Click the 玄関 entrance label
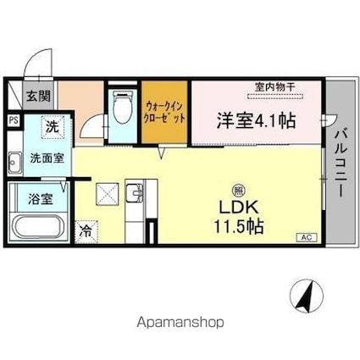click(39, 97)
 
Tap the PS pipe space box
click(13, 120)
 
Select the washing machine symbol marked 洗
click(53, 127)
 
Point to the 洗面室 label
click(47, 158)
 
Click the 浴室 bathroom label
click(41, 199)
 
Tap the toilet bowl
click(122, 108)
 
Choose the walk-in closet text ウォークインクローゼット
click(164, 112)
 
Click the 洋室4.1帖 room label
click(256, 121)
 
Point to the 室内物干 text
click(274, 86)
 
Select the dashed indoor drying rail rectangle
click(275, 96)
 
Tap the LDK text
click(239, 208)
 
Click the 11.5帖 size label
click(239, 226)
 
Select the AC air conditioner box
click(307, 237)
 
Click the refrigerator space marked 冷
click(86, 232)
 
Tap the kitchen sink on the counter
click(135, 192)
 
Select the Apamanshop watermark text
click(180, 323)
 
